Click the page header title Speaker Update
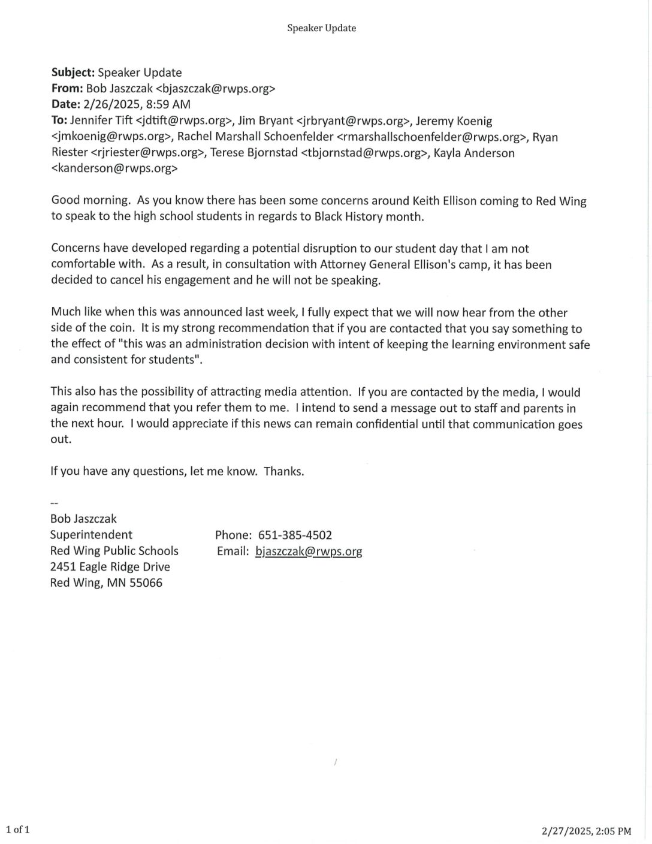click(x=321, y=28)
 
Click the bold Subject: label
click(x=73, y=73)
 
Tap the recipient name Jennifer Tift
click(x=101, y=121)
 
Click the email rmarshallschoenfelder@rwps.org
click(x=428, y=137)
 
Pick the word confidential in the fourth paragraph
click(x=389, y=424)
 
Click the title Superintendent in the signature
click(x=91, y=535)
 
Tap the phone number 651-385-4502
click(x=295, y=535)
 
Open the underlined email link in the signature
click(x=309, y=551)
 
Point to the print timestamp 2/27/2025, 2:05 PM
click(x=586, y=831)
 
